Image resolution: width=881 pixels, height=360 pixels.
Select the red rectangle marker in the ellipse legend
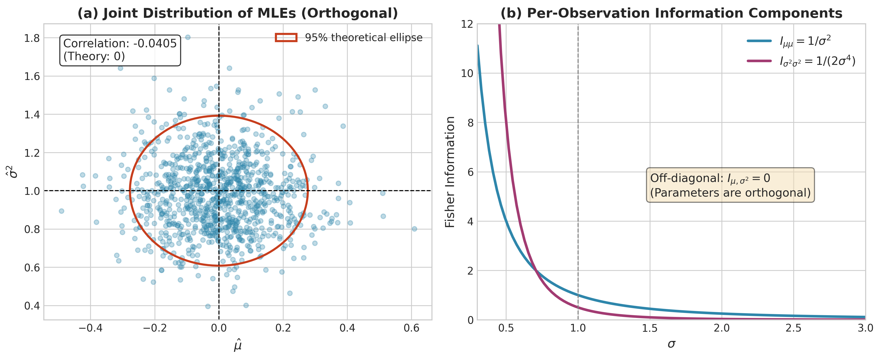click(x=286, y=38)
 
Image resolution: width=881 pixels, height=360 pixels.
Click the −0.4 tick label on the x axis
click(x=90, y=328)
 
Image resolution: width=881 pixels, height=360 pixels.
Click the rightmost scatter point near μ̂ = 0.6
click(x=414, y=229)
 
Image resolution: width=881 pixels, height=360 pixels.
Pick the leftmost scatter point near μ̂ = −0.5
click(x=62, y=211)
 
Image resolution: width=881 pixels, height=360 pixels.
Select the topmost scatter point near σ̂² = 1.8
click(x=187, y=37)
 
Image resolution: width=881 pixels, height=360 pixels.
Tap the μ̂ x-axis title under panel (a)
click(x=238, y=345)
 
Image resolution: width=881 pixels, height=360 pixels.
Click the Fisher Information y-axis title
click(x=450, y=172)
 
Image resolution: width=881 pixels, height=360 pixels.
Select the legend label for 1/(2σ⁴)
click(x=817, y=61)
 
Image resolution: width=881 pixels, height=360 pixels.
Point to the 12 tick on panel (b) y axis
click(x=467, y=24)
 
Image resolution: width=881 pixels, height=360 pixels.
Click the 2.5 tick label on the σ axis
click(x=794, y=328)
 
